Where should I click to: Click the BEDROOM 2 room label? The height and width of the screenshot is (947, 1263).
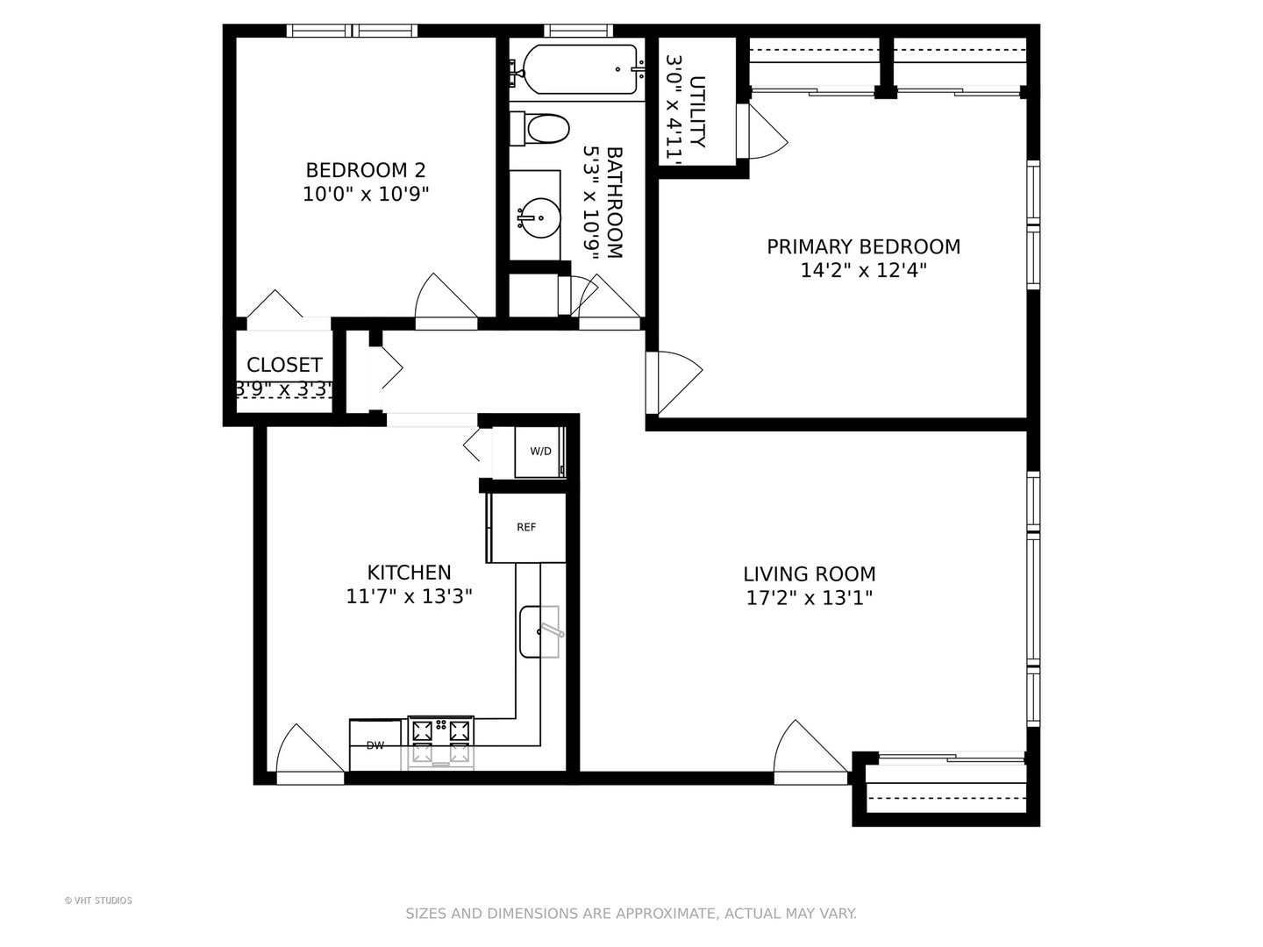click(365, 170)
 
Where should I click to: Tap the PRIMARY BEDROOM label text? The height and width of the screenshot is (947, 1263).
click(863, 247)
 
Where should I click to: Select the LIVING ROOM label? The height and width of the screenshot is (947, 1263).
click(809, 574)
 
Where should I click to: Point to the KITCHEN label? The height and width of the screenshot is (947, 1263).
click(409, 573)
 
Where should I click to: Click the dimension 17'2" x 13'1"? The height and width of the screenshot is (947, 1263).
click(809, 599)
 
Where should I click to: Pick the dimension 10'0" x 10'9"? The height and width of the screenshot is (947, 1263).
click(365, 195)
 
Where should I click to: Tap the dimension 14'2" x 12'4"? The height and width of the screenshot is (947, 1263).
click(863, 271)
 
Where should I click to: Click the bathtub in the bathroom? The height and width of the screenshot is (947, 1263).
click(578, 69)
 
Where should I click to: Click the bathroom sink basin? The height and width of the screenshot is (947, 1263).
click(538, 217)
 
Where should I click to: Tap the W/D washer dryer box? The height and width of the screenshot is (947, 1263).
click(540, 452)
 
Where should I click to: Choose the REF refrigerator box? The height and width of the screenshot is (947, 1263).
click(526, 528)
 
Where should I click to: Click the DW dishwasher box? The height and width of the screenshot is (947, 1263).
click(375, 745)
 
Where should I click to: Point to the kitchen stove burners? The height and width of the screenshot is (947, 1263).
click(441, 740)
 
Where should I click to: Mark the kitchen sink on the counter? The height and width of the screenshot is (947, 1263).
click(539, 631)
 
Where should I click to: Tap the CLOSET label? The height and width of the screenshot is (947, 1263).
click(284, 365)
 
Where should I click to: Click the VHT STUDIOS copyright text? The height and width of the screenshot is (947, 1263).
click(98, 901)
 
